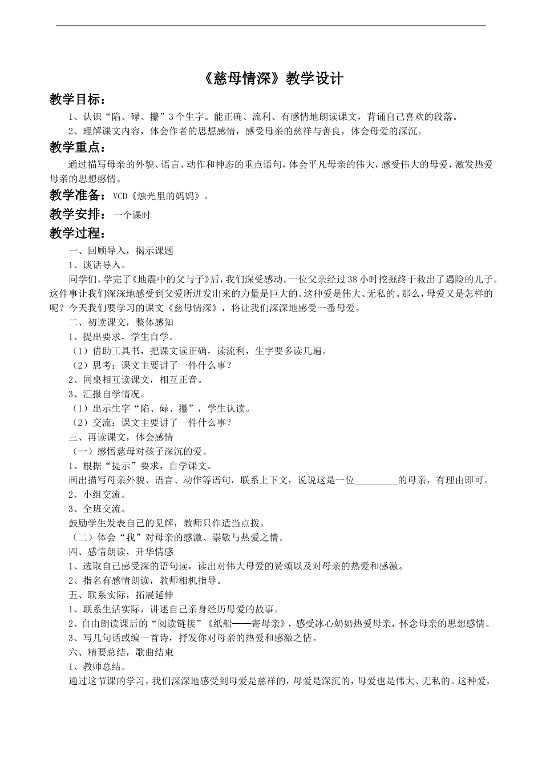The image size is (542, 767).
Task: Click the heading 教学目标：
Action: coord(78,100)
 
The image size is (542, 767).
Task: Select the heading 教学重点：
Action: coord(78,148)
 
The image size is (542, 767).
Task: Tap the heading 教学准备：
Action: coord(78,196)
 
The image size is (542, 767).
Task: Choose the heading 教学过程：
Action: coord(78,233)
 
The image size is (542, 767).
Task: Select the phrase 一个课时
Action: coord(132,215)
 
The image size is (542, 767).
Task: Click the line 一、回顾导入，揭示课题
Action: coord(120,251)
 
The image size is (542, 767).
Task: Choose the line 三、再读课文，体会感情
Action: coord(120,437)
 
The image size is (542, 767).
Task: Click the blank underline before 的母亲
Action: coord(376,480)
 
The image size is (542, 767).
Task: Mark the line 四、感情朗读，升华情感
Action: coord(120,552)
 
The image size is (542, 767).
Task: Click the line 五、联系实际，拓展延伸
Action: coord(120,595)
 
